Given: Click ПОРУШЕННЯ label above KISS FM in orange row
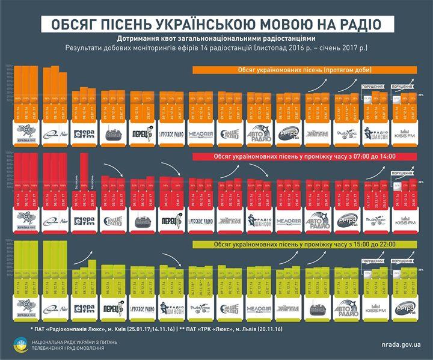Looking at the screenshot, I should [x=404, y=87].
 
